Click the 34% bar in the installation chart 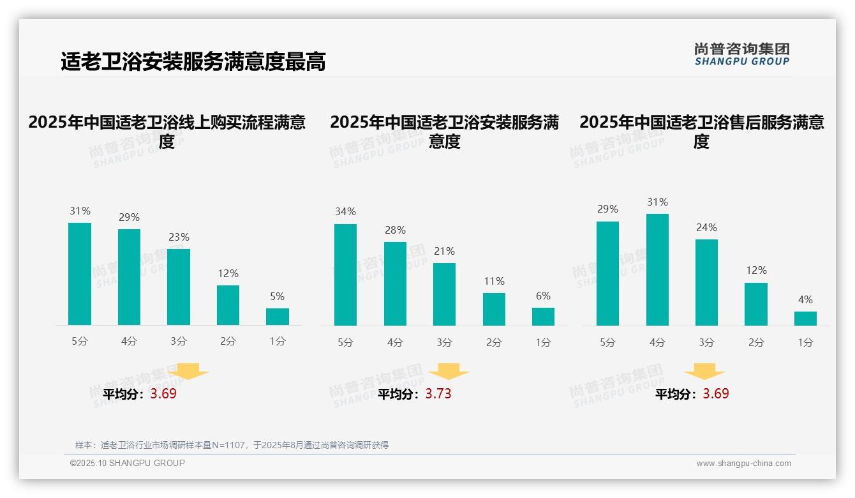pyautogui.click(x=345, y=275)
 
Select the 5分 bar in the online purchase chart pyautogui.click(x=80, y=274)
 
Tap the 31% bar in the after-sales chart pyautogui.click(x=657, y=269)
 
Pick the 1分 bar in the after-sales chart pyautogui.click(x=805, y=319)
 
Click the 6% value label pyautogui.click(x=543, y=296)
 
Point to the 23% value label pyautogui.click(x=179, y=237)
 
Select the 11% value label pyautogui.click(x=494, y=281)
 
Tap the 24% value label pyautogui.click(x=706, y=227)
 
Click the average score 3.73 pyautogui.click(x=438, y=394)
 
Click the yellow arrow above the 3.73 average pyautogui.click(x=449, y=371)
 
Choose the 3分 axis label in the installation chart pyautogui.click(x=444, y=342)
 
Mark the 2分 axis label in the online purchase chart pyautogui.click(x=228, y=341)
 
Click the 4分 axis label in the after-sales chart pyautogui.click(x=657, y=342)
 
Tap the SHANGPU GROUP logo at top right pyautogui.click(x=742, y=54)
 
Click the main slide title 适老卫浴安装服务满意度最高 pyautogui.click(x=193, y=61)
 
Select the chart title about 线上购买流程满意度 pyautogui.click(x=167, y=132)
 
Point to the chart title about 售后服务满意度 pyautogui.click(x=701, y=132)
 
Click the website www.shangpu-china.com pyautogui.click(x=743, y=464)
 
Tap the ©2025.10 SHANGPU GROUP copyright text pyautogui.click(x=128, y=463)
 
